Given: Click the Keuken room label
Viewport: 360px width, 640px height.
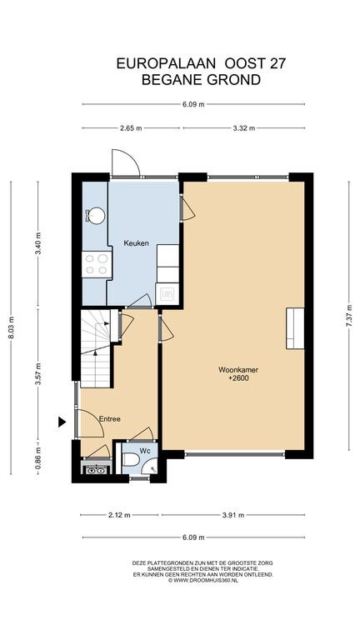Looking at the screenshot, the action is pos(137,243).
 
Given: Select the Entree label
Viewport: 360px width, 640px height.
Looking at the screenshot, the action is pos(110,419).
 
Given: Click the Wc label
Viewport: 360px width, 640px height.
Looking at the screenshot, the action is pos(146,451).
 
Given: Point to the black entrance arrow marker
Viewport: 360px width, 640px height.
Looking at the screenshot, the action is pos(62,422).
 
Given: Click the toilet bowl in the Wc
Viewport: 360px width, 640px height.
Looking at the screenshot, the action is pos(131,459).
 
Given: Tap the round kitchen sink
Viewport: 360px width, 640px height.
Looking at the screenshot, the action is pos(97,215).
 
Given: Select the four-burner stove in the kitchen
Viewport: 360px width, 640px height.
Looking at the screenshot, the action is pos(97,264).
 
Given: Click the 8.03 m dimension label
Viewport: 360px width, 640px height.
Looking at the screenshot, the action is pos(12,327).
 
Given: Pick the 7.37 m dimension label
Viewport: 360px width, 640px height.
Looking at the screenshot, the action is pos(349,316).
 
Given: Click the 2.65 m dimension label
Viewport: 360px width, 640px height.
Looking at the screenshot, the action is pos(131,128).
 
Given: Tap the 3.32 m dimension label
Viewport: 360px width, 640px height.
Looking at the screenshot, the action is pos(244,128).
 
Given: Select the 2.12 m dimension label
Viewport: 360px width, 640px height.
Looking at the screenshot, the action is pos(119,515).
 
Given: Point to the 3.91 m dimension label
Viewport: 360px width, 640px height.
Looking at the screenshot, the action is pos(233,515).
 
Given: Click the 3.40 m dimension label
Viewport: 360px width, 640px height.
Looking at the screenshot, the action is pos(38,243).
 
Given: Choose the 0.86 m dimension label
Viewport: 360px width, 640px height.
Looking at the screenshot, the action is pos(38,457).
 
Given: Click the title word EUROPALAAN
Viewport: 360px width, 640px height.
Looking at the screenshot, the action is pos(166,63).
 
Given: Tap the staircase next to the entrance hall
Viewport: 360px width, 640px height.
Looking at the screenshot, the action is pos(96,348).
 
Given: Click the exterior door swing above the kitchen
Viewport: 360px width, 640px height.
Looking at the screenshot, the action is pos(126,162).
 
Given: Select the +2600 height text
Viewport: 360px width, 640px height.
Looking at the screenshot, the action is pos(238,378).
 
